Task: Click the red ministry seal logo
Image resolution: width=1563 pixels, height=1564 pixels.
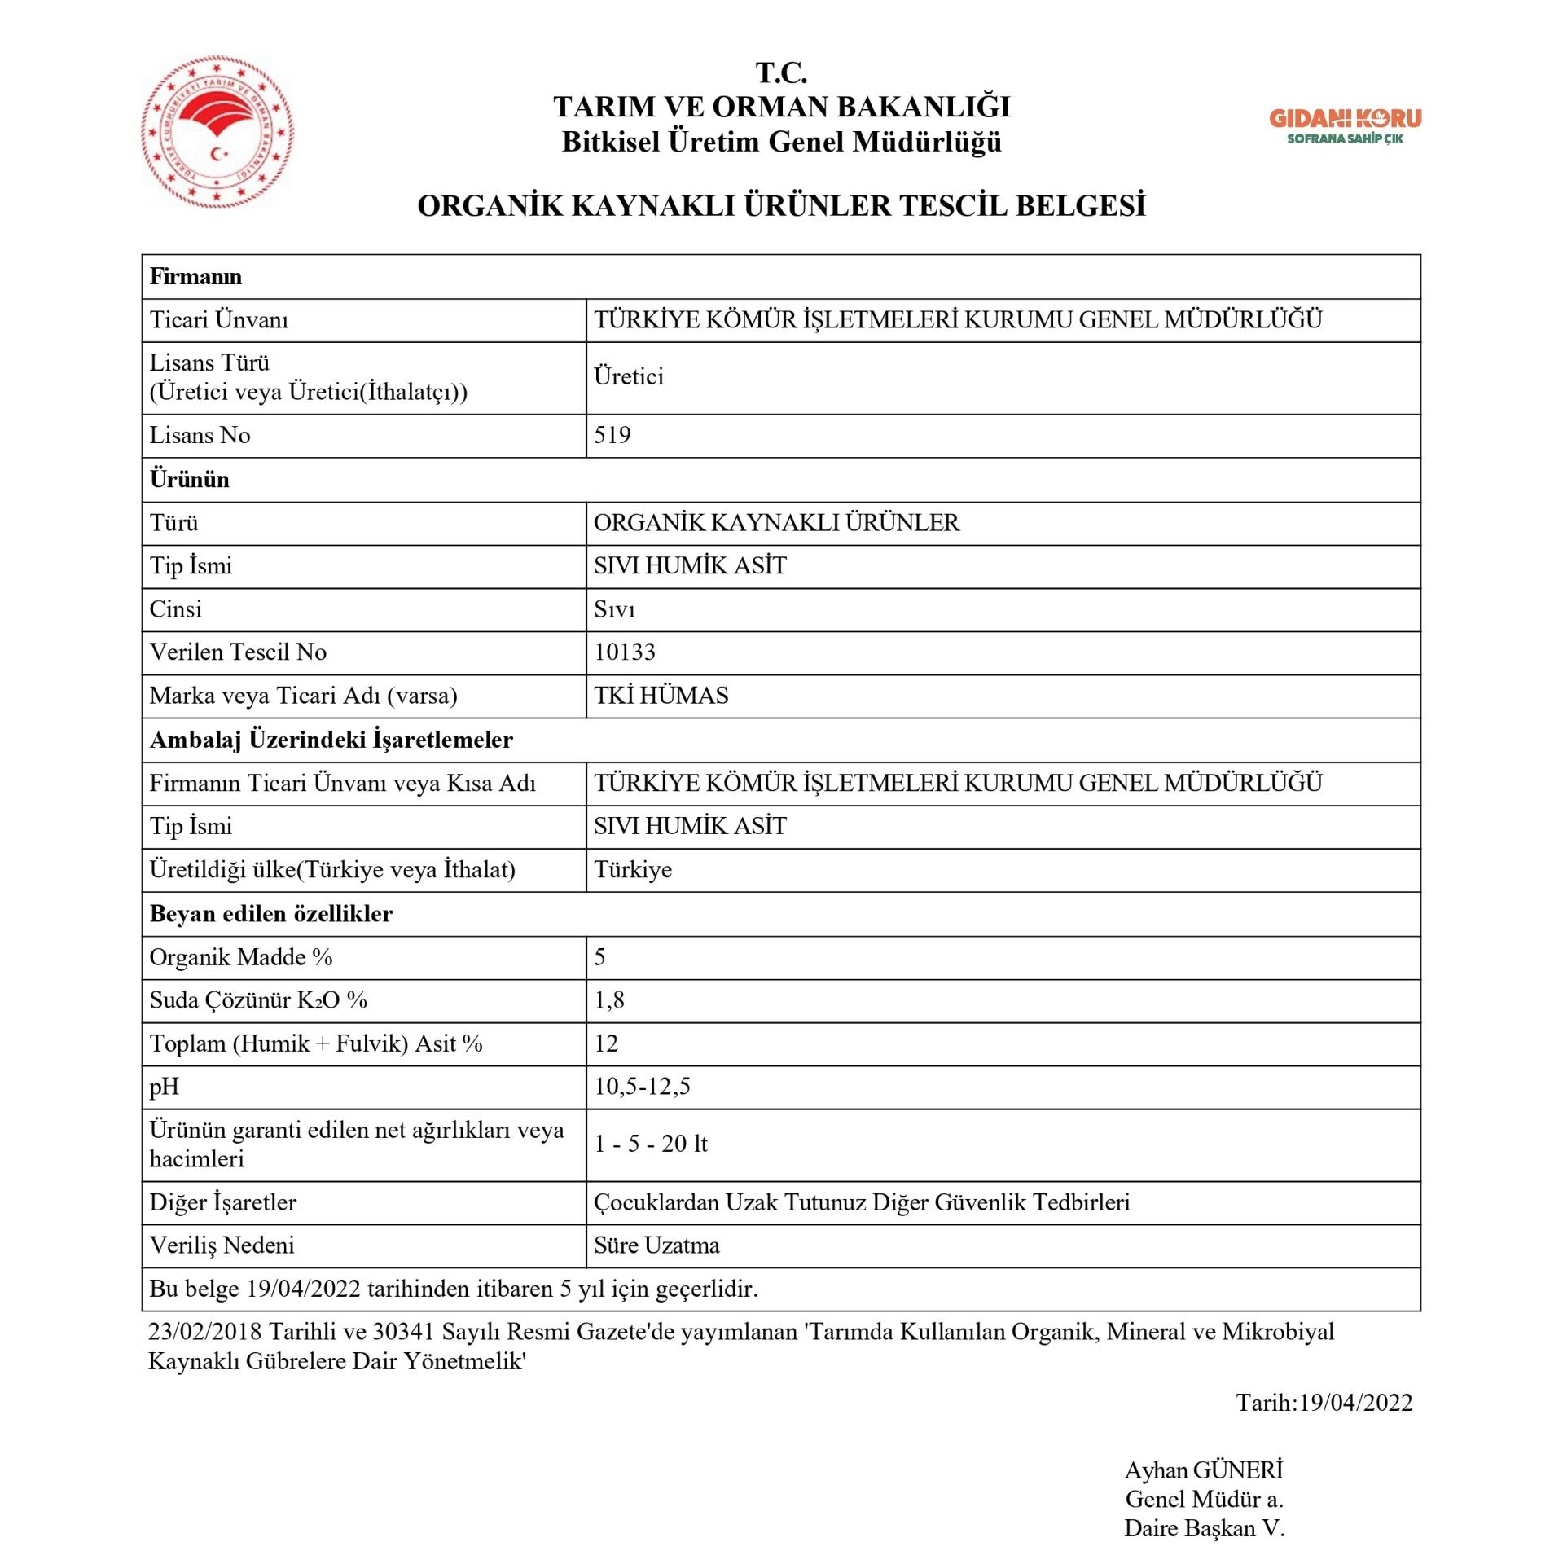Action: [217, 131]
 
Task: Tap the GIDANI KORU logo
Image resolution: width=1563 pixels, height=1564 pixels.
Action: [1345, 126]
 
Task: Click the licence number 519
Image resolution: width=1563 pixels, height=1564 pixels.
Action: [612, 435]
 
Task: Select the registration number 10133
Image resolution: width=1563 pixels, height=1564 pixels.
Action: [624, 652]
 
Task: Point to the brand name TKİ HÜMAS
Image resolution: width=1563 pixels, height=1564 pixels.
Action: [661, 695]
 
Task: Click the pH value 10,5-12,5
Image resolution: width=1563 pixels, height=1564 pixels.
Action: [642, 1086]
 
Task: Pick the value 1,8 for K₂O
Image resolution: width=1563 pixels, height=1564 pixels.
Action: [608, 999]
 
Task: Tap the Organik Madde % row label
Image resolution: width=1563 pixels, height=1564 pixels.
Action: [241, 956]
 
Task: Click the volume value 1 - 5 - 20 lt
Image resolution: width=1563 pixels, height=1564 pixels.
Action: [650, 1144]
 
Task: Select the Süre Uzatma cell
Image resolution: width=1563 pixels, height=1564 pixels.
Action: [656, 1245]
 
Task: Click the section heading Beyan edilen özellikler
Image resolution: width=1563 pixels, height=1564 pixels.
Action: [270, 913]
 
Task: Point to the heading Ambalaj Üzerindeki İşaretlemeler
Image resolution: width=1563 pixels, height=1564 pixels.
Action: [331, 739]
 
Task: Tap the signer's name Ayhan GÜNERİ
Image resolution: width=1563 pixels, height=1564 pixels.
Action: [1203, 1470]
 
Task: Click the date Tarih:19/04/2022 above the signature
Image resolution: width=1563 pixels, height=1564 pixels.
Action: [1324, 1402]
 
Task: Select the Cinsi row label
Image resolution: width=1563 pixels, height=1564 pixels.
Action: [175, 608]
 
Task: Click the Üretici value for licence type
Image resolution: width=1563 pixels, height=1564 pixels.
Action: [628, 376]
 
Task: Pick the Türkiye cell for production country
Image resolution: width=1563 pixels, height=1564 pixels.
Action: [632, 869]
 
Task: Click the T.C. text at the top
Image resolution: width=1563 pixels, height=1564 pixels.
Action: [781, 72]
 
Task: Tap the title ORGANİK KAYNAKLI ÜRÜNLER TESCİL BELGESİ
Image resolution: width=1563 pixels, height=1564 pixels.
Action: [781, 205]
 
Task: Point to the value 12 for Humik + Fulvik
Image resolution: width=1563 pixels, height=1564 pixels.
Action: [605, 1043]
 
